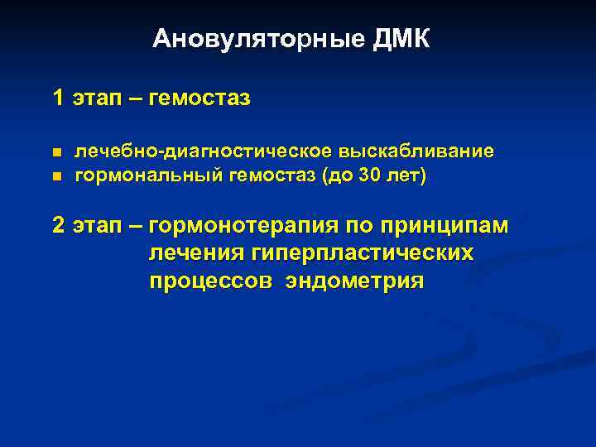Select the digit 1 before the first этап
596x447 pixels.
58,99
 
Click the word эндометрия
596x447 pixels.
354,281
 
